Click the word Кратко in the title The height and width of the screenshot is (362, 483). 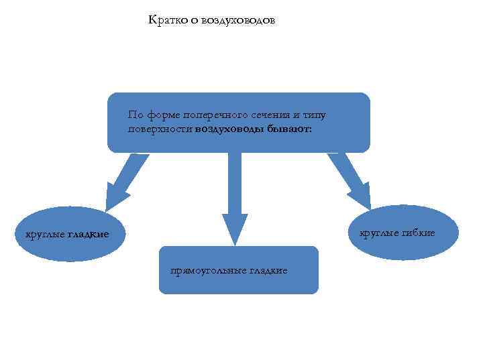point(164,20)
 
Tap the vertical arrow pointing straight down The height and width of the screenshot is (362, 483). point(234,194)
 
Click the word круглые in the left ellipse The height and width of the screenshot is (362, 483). point(45,235)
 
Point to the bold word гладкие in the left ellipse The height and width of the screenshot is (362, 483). point(88,235)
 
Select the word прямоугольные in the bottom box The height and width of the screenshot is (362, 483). point(209,271)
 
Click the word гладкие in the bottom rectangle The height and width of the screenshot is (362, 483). point(268,271)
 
